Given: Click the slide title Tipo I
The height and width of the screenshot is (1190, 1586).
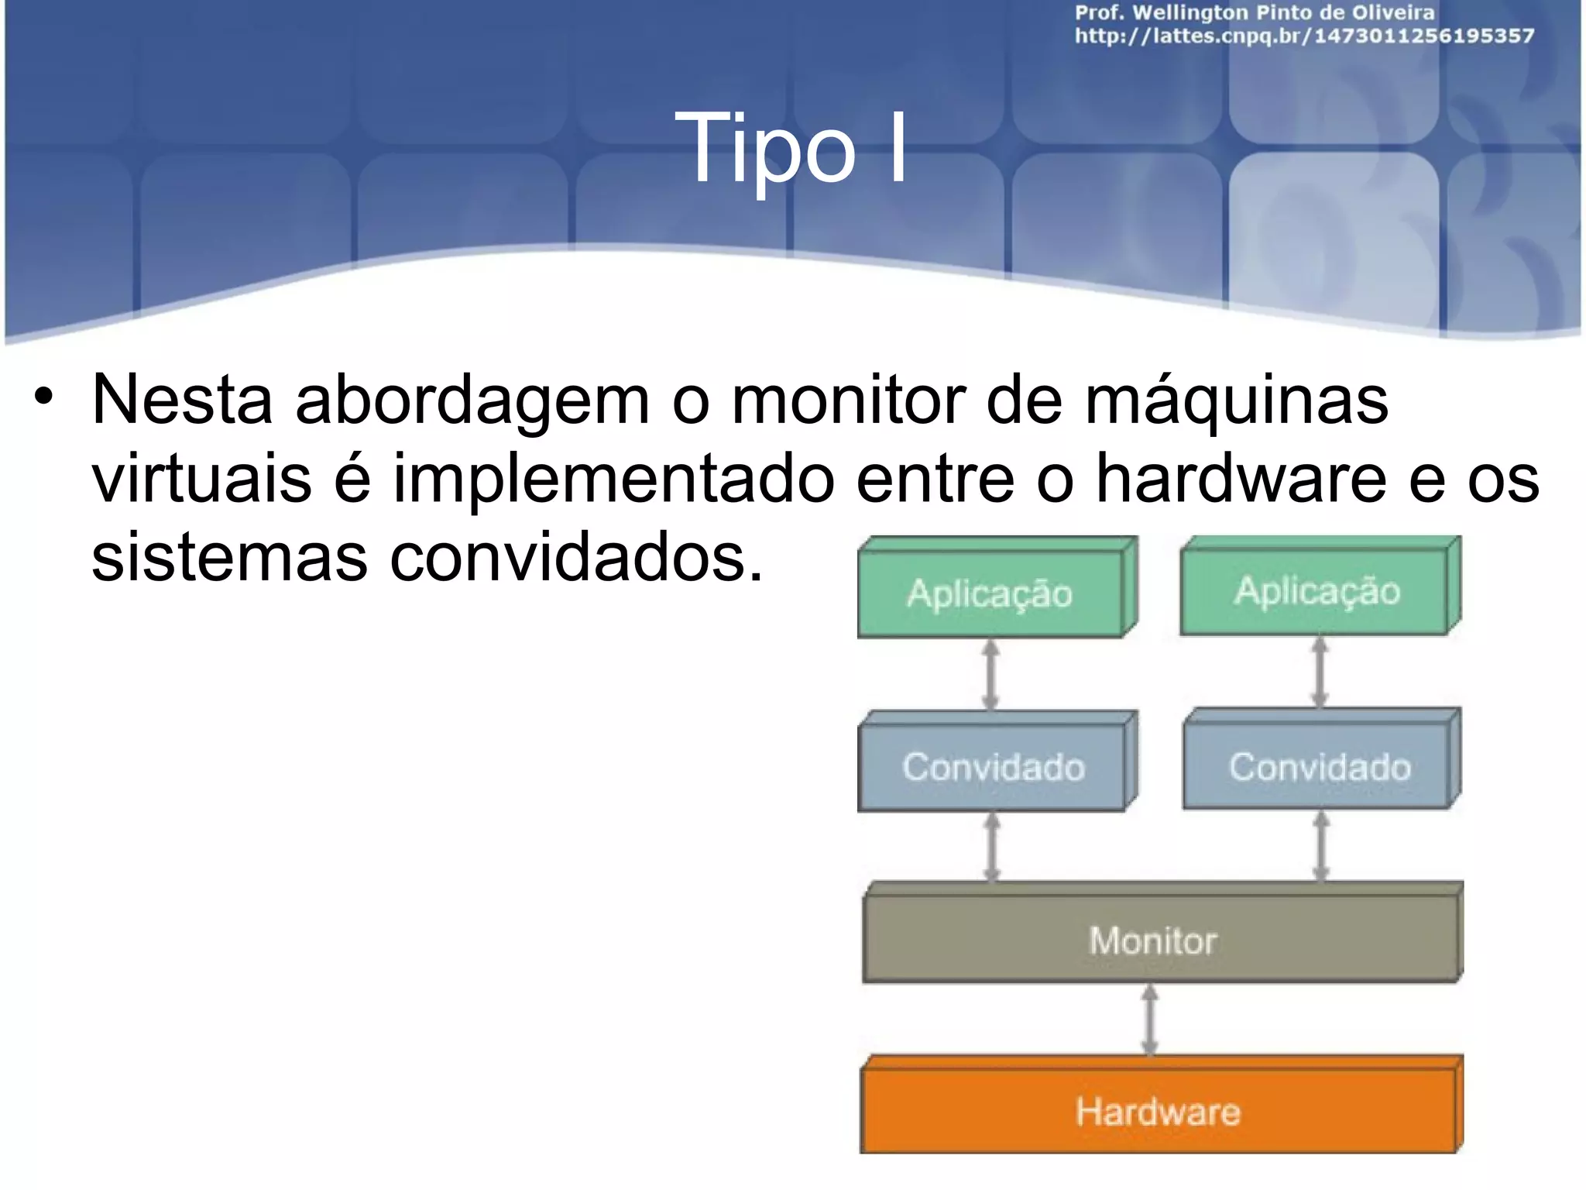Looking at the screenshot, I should [791, 147].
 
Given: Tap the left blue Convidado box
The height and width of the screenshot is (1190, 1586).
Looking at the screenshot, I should [993, 767].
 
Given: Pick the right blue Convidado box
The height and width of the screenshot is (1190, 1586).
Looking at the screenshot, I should [1320, 767].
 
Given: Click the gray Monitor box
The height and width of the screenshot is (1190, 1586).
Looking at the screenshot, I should [1154, 941].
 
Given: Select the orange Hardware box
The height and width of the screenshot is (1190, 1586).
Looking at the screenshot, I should [1158, 1112].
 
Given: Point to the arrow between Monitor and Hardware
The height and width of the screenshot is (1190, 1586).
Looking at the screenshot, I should [1151, 1020].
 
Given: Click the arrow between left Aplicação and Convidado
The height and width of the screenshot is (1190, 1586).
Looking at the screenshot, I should [990, 674].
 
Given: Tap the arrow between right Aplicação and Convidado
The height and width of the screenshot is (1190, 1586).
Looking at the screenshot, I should [1320, 672].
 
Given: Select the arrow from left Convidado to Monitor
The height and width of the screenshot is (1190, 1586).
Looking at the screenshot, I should [992, 848].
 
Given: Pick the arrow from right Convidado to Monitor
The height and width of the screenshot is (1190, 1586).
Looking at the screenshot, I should [1322, 846].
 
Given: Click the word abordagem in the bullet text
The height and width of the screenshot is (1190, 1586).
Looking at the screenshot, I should [472, 401].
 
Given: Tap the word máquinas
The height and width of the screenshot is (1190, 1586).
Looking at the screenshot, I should [1236, 400].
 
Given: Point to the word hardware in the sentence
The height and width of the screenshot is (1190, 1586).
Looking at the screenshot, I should [1241, 479].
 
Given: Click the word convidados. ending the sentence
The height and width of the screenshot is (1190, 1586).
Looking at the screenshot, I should [576, 558].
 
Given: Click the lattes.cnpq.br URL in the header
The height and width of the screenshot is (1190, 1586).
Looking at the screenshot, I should [1304, 36].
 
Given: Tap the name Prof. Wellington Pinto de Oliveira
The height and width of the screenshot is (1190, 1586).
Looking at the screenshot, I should [1255, 12].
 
